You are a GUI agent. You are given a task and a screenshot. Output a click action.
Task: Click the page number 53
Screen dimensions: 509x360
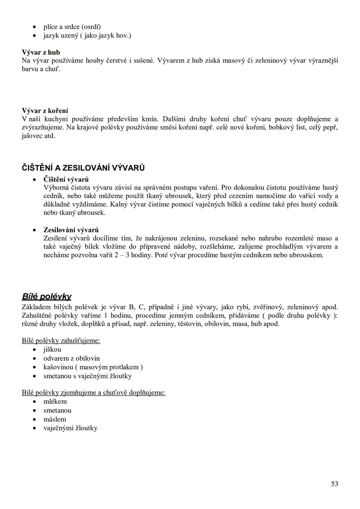[334, 484]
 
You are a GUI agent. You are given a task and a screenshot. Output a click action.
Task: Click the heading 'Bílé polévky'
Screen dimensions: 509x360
[46, 296]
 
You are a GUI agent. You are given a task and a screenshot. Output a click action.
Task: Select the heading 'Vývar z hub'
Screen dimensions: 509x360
[41, 52]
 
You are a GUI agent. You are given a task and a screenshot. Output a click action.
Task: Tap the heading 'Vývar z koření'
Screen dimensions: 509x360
[45, 110]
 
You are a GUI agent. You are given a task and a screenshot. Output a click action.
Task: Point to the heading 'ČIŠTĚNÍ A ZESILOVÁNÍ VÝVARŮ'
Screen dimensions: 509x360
[83, 168]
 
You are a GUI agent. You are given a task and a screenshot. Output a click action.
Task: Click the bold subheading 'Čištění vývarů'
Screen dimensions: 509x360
[66, 180]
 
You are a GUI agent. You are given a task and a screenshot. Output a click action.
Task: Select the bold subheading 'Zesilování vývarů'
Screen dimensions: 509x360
[71, 230]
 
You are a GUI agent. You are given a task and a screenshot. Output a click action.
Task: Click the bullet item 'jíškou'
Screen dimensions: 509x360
[52, 349]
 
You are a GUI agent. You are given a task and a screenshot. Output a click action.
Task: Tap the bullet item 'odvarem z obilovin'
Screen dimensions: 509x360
[71, 358]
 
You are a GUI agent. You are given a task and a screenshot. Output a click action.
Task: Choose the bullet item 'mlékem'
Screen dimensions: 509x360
[55, 401]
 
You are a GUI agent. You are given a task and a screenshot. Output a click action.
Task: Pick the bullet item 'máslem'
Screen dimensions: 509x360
[55, 419]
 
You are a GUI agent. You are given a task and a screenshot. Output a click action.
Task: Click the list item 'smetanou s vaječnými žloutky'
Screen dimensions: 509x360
[87, 376]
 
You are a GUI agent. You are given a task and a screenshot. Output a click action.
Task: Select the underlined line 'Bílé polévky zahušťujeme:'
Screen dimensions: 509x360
[61, 340]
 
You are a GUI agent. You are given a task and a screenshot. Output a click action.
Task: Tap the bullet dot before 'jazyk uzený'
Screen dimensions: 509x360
[34, 36]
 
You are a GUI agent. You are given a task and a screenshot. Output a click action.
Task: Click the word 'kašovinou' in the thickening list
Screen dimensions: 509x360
[58, 367]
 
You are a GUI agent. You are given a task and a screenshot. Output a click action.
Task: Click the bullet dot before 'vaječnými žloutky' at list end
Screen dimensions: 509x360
[34, 428]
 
